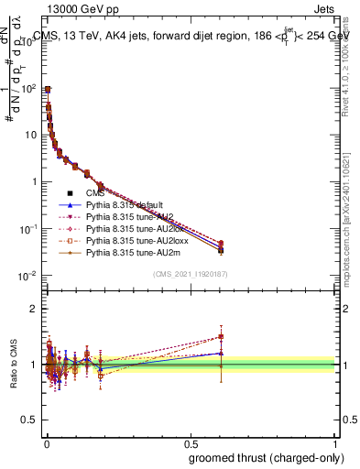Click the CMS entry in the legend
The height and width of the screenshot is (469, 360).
tap(96, 192)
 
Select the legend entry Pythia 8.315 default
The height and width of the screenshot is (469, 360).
tap(125, 204)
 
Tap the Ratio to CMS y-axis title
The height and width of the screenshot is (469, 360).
tap(12, 365)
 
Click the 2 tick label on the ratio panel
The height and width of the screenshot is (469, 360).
tap(34, 309)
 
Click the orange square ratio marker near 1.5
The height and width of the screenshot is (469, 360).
tap(221, 336)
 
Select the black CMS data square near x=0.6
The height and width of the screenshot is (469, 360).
tap(221, 248)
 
